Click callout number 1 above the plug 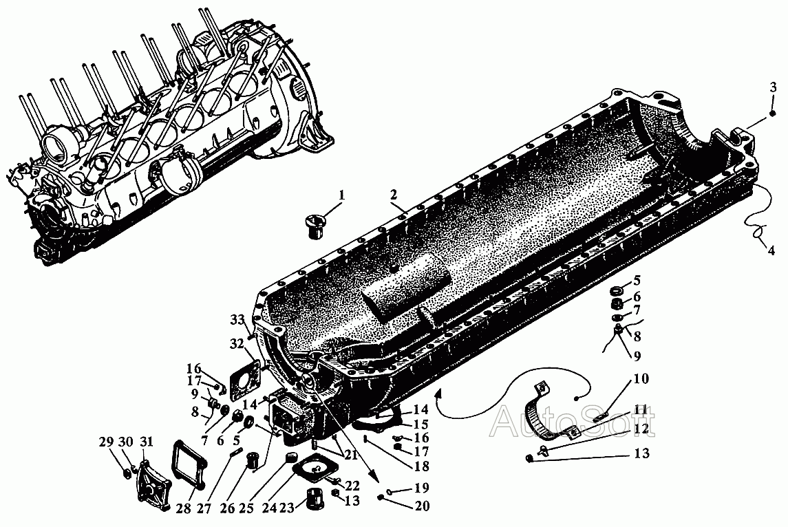click(x=342, y=195)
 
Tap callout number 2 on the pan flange click(x=393, y=195)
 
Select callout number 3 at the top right click(x=774, y=87)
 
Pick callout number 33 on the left click(x=237, y=319)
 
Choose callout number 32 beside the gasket click(x=237, y=343)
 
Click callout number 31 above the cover click(x=146, y=442)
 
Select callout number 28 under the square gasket click(x=184, y=508)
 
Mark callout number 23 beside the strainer click(x=286, y=508)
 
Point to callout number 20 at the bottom click(x=422, y=506)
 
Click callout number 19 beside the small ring click(x=422, y=487)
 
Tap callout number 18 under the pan click(x=421, y=466)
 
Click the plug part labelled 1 click(x=315, y=226)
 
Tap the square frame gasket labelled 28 click(x=190, y=464)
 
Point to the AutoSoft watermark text click(x=573, y=422)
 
